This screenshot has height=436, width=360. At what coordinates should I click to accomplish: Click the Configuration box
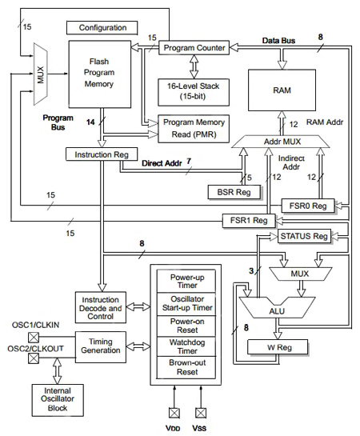(x=102, y=28)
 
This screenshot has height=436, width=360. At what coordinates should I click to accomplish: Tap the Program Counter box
(x=194, y=48)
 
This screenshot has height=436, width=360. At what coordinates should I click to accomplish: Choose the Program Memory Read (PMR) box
(x=194, y=127)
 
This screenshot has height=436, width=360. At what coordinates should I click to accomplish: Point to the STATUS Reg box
(x=303, y=236)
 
